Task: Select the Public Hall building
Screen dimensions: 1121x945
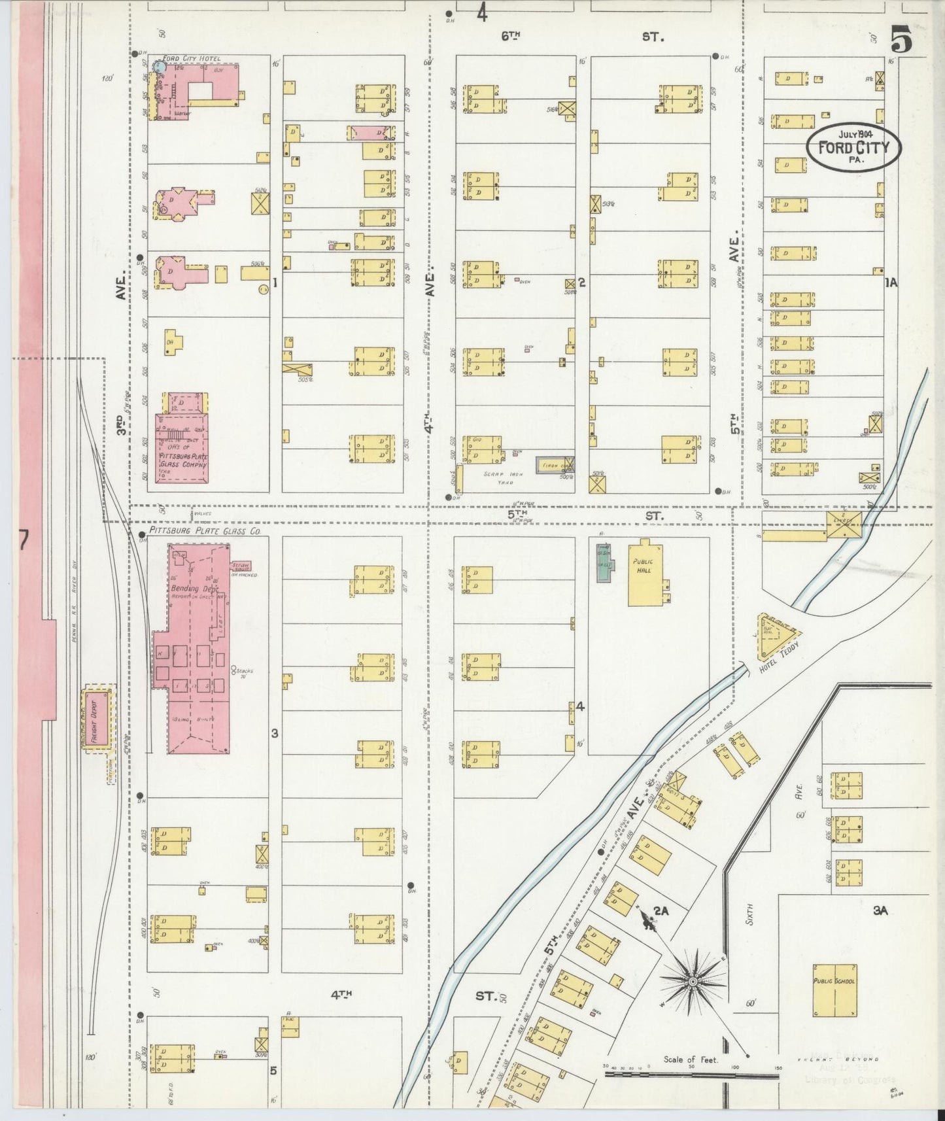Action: pos(646,572)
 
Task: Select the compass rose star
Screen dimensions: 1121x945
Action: pos(692,981)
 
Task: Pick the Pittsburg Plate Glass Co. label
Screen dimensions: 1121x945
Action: pos(205,532)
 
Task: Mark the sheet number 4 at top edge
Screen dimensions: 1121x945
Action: pos(482,13)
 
